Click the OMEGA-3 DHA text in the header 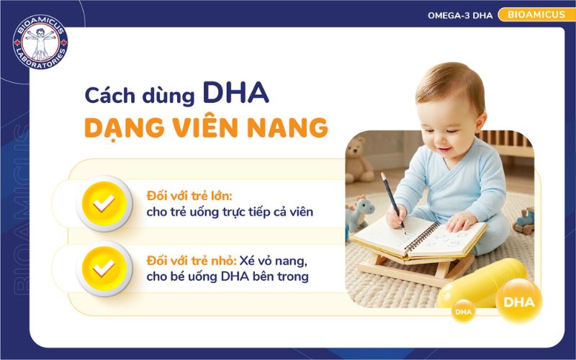460,15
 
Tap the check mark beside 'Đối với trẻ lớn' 104,204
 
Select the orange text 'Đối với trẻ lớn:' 186,196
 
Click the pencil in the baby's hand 393,201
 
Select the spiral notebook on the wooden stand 418,237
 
